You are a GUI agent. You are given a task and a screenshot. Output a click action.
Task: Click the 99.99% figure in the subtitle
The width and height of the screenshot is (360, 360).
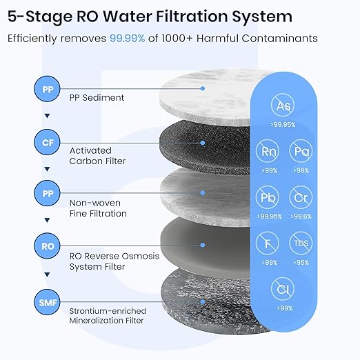127,39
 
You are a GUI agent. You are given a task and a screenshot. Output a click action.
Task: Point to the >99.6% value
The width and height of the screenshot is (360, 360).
301,216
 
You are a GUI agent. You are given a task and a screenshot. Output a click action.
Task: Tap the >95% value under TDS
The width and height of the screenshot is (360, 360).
301,262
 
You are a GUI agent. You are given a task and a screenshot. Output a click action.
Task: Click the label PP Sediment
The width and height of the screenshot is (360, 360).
97,97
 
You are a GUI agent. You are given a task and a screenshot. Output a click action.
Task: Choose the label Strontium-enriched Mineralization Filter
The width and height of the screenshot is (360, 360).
106,314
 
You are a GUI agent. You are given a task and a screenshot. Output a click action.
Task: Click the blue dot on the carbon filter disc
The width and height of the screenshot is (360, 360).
203,143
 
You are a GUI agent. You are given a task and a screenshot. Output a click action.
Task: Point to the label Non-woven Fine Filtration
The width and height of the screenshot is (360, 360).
99,208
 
